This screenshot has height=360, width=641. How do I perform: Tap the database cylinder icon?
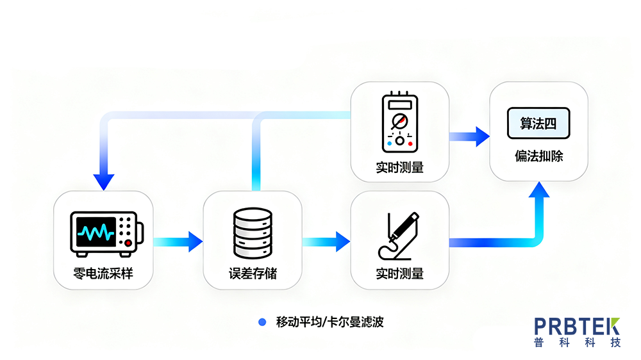[253, 231]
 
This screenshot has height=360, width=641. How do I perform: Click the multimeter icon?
[400, 122]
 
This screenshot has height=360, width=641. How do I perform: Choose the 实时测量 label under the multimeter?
[400, 168]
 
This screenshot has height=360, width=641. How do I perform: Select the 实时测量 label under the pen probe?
[400, 274]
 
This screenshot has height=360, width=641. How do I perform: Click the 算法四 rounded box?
[538, 124]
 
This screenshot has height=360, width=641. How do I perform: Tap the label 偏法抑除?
[538, 156]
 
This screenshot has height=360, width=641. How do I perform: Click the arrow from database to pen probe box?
[326, 241]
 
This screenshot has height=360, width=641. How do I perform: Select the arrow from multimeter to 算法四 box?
[469, 136]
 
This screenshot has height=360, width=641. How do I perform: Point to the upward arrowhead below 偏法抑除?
[538, 191]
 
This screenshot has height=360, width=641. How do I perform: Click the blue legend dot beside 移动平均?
[262, 322]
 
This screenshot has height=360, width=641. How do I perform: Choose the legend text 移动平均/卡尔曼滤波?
[329, 322]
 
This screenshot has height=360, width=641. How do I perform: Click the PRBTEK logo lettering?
[577, 325]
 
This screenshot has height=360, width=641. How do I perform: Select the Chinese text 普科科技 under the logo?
[577, 343]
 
